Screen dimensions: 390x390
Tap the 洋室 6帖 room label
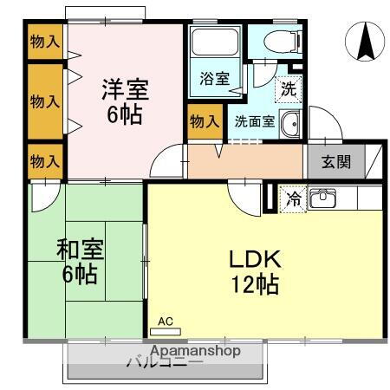pos(125,101)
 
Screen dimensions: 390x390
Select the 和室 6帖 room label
pos(79,262)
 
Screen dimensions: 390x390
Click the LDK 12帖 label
pos(253,271)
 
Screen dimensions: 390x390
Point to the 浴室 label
pos(214,79)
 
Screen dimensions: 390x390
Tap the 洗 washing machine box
pos(287,87)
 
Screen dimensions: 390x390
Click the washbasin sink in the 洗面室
pos(289,124)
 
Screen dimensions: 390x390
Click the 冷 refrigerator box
pos(293,198)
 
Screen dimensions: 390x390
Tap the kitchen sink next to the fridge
pos(323,199)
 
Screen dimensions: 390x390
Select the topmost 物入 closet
pos(44,41)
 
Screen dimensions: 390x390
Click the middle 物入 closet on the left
pos(44,101)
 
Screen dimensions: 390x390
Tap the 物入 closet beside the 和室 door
pos(44,160)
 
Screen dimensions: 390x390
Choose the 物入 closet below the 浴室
pos(204,121)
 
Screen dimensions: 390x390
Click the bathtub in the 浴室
pos(214,43)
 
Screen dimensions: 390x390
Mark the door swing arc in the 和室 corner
pos(40,198)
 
